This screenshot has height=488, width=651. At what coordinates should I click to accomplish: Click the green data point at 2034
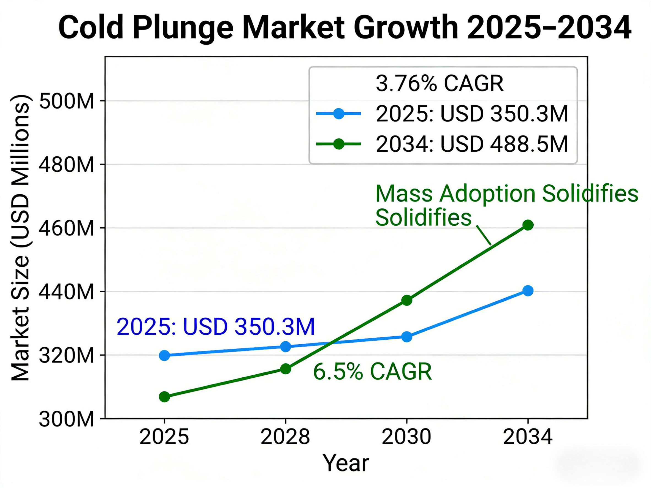point(528,225)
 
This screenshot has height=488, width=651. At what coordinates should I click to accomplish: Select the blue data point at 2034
point(528,291)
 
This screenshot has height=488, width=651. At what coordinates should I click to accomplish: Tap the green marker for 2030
point(407,300)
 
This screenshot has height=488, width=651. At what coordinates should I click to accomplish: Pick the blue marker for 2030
point(407,337)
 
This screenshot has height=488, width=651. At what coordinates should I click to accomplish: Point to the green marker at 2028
point(286,369)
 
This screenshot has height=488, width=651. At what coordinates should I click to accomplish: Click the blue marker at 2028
point(286,347)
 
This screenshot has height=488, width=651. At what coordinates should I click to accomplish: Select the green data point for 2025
point(164,397)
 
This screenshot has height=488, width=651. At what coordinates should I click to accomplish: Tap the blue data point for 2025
point(164,355)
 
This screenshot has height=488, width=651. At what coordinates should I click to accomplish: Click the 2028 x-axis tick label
point(285,437)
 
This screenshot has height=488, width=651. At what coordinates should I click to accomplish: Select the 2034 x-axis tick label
point(528,437)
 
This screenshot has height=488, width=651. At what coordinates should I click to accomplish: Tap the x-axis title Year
point(346,463)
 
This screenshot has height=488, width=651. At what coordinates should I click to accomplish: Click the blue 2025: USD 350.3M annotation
point(216,326)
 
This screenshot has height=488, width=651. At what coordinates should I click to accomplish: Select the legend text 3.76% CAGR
point(440,84)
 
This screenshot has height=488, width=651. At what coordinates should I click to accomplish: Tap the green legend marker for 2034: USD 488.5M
point(339,144)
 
